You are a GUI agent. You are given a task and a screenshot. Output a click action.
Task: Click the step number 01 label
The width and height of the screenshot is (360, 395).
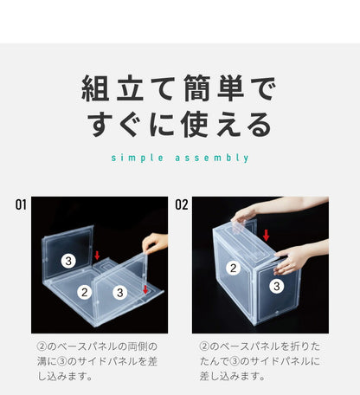tap(21, 205)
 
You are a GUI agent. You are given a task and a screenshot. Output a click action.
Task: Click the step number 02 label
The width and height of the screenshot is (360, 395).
tap(182, 205)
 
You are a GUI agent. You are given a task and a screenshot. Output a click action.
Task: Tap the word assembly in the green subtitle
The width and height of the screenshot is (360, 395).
tap(215, 158)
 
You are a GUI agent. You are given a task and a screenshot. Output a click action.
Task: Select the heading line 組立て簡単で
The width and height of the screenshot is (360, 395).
tap(179, 89)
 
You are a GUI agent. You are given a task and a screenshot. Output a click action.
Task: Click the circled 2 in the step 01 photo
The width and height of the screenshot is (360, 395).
tap(85, 292)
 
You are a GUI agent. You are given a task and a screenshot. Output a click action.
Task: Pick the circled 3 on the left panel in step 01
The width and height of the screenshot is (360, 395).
tap(68, 260)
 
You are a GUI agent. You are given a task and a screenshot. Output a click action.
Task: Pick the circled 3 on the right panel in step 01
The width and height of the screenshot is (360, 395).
tap(119, 293)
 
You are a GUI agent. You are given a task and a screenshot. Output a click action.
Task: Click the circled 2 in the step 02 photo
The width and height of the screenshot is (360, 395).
tap(233, 268)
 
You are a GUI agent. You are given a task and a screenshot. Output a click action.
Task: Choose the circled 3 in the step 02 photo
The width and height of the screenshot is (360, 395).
tap(275, 285)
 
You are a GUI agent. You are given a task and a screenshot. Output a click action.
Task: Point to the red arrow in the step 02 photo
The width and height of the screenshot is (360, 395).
tap(266, 235)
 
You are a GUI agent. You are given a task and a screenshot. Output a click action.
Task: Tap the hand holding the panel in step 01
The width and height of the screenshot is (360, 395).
tap(153, 243)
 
